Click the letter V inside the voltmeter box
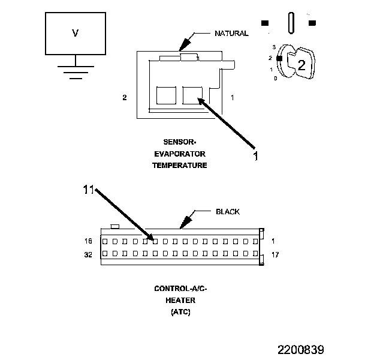tap(75, 33)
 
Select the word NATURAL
tap(231, 34)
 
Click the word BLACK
tap(227, 212)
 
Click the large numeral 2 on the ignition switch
tap(301, 65)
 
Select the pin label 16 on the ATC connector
tap(88, 241)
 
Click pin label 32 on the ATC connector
tap(88, 254)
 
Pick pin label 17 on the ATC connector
tap(275, 254)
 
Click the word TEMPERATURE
tap(179, 165)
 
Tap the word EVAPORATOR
tap(179, 154)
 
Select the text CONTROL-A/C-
tap(180, 289)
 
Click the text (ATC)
tap(180, 312)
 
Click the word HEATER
tap(180, 301)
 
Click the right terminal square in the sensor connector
tap(192, 95)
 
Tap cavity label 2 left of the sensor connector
tap(125, 97)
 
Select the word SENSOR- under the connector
tap(179, 142)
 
